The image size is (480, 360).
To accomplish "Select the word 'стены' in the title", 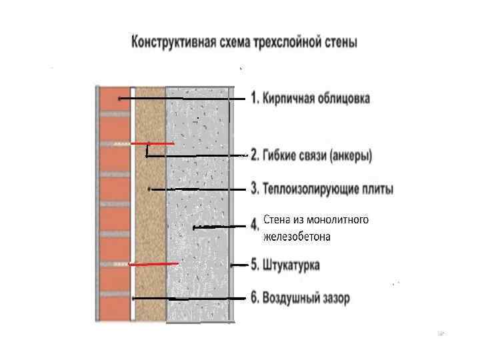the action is (340, 43).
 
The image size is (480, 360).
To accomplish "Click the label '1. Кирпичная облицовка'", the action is (310, 99).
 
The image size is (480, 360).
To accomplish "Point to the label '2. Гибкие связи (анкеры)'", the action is (311, 156).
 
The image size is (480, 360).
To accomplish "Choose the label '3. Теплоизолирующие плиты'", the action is (321, 189).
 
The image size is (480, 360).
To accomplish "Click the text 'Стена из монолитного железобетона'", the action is (315, 227).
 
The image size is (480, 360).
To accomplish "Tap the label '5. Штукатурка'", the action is (285, 265).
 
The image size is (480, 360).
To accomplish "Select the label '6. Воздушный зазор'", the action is (299, 298).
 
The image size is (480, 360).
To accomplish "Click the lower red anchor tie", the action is (153, 265).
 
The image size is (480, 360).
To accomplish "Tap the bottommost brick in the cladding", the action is (114, 309).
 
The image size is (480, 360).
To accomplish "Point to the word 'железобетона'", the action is (297, 236).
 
